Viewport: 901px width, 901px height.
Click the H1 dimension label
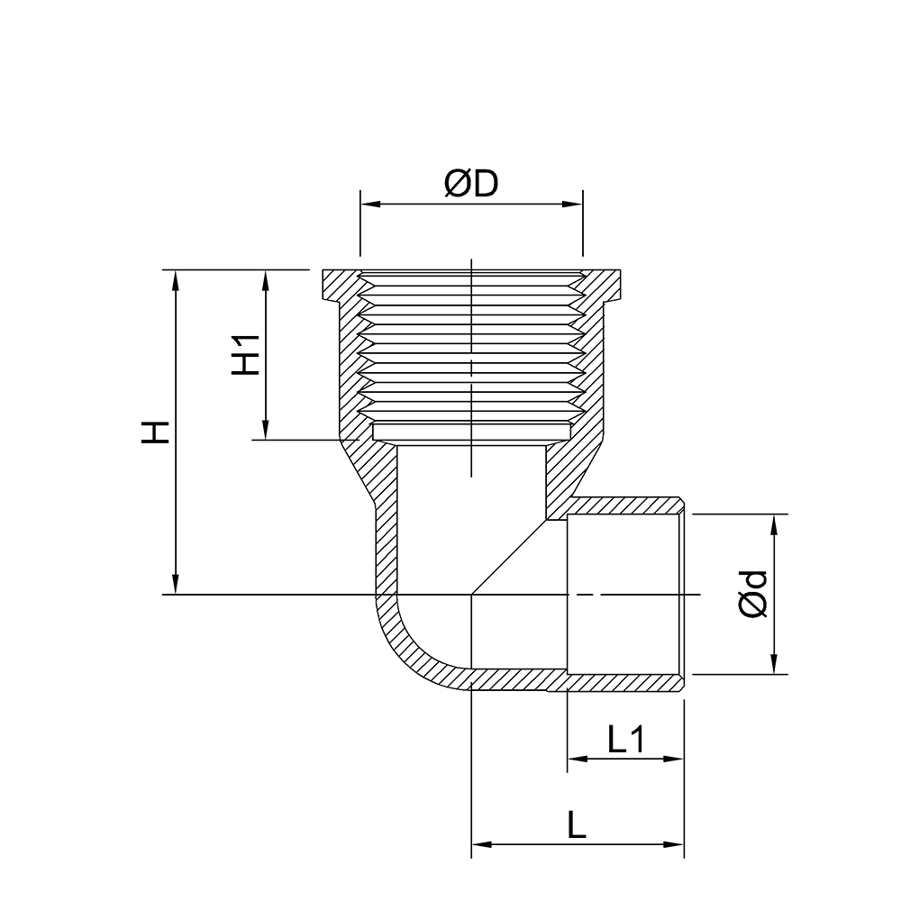tap(246, 354)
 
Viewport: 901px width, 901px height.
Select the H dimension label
tap(157, 432)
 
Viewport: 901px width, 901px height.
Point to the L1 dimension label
tap(626, 740)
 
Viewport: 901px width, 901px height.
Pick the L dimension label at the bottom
tap(578, 825)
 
